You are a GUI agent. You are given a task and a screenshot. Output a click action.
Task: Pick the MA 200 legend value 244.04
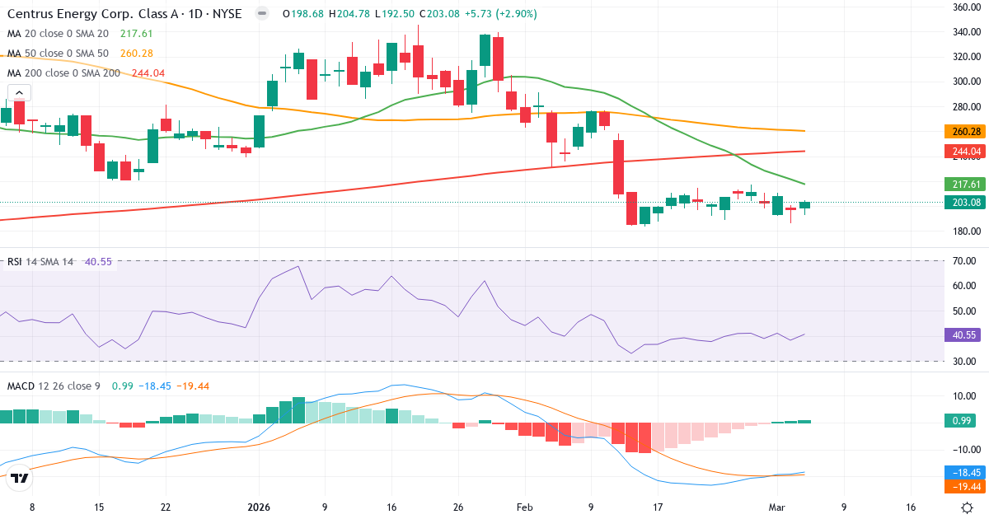148,73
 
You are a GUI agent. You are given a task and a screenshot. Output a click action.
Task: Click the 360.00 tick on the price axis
965,7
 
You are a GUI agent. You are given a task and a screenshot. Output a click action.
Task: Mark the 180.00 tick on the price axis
965,231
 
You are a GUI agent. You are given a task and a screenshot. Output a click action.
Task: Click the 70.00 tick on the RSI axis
965,261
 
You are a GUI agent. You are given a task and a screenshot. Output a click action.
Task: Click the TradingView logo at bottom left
21,478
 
